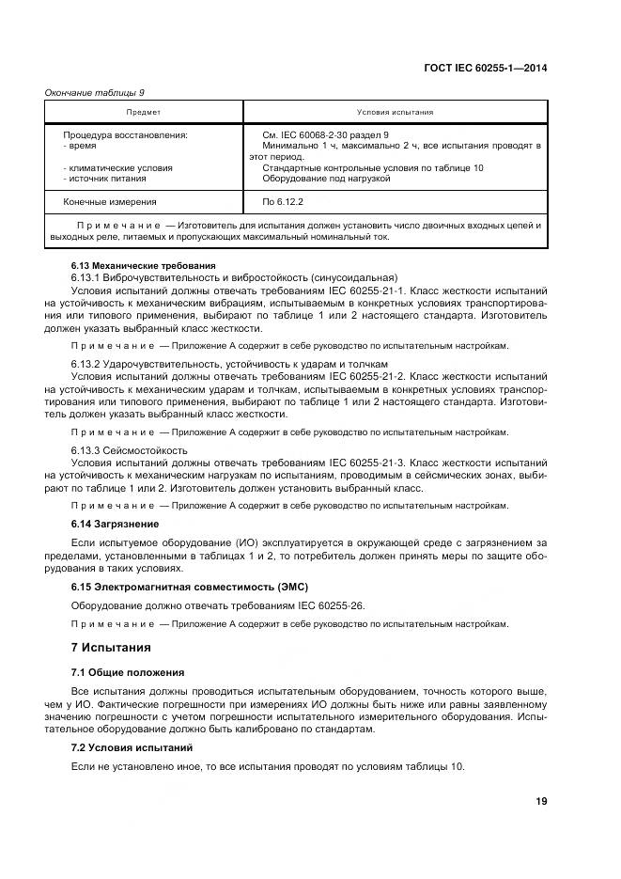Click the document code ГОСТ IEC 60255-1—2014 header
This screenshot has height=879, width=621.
[x=489, y=67]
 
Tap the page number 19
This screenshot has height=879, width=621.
[x=541, y=801]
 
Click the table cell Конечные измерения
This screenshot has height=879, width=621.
[x=110, y=201]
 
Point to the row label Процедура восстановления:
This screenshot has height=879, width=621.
[x=125, y=135]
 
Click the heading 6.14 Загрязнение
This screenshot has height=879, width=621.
[x=116, y=524]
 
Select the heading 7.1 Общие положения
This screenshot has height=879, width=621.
[x=128, y=672]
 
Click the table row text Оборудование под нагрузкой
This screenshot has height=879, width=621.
[x=326, y=179]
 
